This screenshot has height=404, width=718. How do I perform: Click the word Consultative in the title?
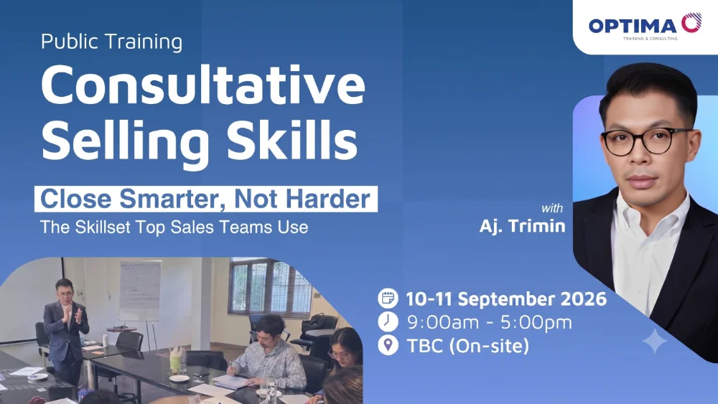[x=203, y=85]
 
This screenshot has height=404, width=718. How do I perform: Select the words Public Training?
[x=112, y=42]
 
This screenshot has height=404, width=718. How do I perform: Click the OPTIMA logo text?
[x=633, y=26]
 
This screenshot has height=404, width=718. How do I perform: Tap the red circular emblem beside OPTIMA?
[x=691, y=23]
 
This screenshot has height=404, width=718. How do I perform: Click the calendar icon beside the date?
[x=388, y=299]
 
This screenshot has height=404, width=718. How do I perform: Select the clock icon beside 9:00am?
[x=388, y=321]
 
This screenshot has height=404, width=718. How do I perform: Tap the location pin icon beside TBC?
[x=388, y=345]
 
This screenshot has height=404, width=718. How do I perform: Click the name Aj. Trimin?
[x=523, y=226]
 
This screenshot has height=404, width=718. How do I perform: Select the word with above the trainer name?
[x=552, y=208]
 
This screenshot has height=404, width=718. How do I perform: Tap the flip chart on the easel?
[x=140, y=291]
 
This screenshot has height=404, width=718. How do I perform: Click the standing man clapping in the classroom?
[x=65, y=330]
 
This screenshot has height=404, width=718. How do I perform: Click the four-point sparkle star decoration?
[x=655, y=341]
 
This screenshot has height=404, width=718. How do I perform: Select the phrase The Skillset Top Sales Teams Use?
[x=174, y=227]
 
